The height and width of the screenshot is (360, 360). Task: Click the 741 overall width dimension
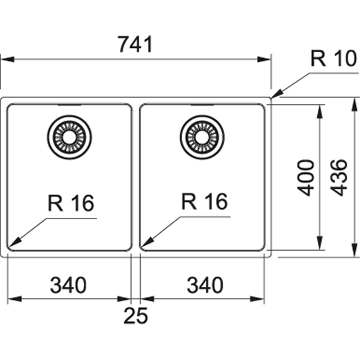(135, 44)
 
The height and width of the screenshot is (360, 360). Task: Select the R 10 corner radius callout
(333, 60)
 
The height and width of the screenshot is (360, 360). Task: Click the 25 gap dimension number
(136, 316)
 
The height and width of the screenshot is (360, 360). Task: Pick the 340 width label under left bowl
(68, 286)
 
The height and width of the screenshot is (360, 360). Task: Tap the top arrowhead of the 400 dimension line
(320, 110)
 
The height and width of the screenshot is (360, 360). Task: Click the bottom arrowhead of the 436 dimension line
(354, 251)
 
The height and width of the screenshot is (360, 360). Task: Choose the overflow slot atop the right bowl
(202, 105)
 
